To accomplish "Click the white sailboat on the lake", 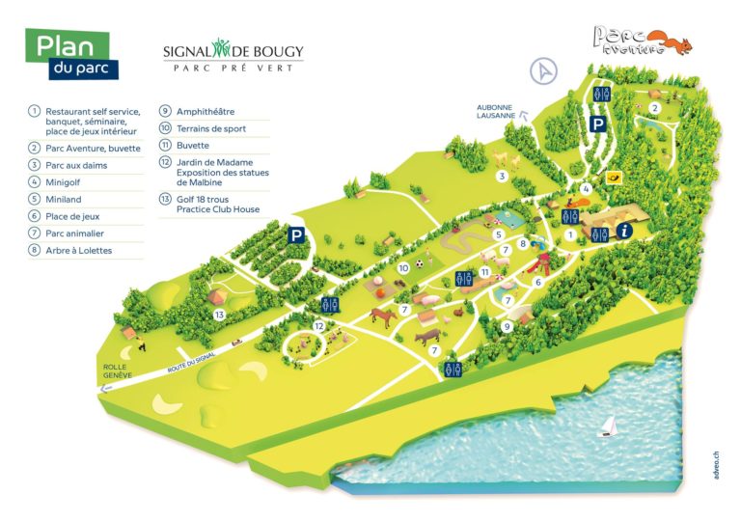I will (x=607, y=426).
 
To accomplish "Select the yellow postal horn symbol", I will (x=612, y=179).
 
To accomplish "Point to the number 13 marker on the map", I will (x=220, y=315).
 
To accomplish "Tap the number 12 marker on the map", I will (x=319, y=326).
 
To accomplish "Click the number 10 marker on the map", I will (x=404, y=267).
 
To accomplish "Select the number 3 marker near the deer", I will (x=501, y=176).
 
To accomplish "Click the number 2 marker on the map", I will (x=654, y=107).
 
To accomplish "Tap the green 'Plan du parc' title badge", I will (x=72, y=55).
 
